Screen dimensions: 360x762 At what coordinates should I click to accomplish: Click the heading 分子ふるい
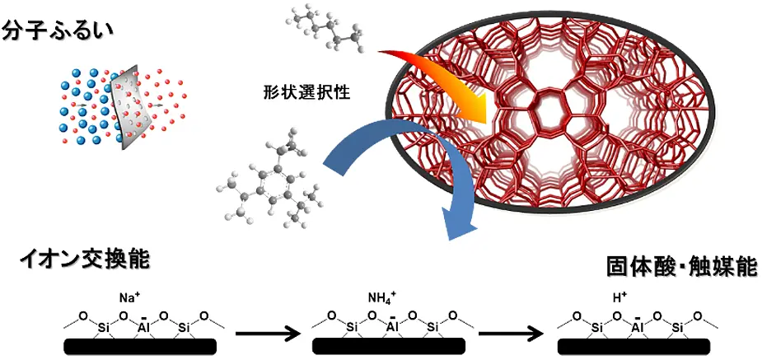click(58, 31)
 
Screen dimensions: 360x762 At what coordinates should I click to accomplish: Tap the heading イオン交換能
click(85, 260)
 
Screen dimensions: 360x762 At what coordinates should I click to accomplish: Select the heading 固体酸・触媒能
click(681, 268)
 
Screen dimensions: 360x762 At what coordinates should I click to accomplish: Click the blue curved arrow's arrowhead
click(460, 222)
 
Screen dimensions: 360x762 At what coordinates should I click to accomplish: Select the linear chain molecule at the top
click(327, 30)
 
